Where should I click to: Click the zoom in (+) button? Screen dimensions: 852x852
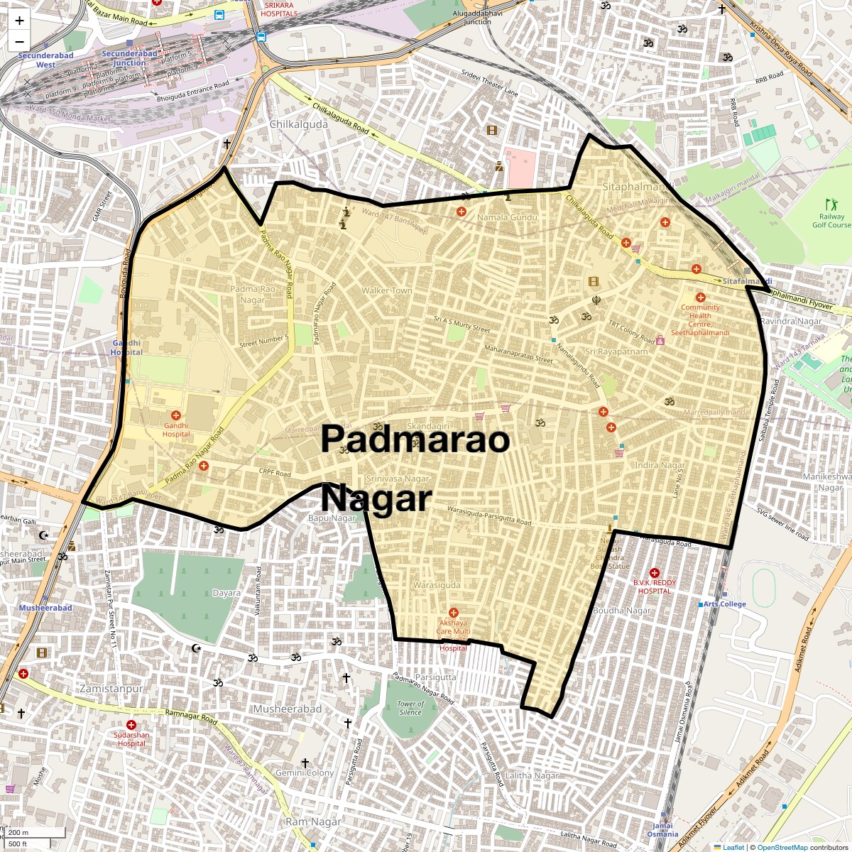point(19,21)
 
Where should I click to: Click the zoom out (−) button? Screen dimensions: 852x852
point(19,42)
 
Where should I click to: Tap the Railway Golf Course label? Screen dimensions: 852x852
point(831,220)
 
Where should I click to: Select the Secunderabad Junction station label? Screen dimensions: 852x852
point(129,58)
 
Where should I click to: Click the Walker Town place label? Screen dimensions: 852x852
point(386,290)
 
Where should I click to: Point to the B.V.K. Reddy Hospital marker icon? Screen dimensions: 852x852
point(654,573)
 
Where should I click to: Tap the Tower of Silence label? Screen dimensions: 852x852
point(410,708)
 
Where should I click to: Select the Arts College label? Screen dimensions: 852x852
point(724,604)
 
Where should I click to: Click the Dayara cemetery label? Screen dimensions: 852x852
point(226,593)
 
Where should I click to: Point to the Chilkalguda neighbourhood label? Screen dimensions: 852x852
point(299,124)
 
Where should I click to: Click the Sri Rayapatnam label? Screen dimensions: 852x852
point(616,351)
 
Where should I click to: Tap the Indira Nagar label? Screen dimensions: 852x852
point(660,465)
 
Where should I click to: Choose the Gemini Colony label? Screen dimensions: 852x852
point(305,772)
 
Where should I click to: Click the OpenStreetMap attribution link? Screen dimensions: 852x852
point(782,847)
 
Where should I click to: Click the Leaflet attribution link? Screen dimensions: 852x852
point(733,847)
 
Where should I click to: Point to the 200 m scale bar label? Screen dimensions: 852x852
point(20,832)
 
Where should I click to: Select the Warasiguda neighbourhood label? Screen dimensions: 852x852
point(437,585)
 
